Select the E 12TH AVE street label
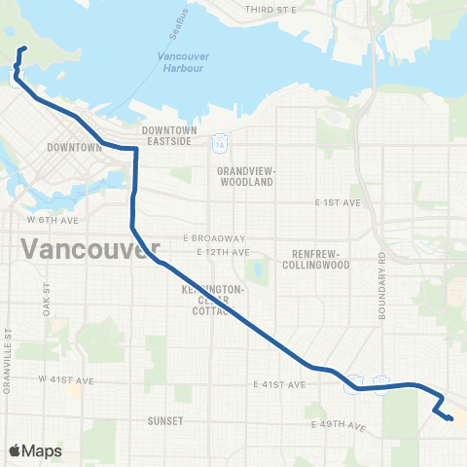point(219,252)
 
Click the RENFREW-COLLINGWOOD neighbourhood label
point(314,259)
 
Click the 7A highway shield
point(221,144)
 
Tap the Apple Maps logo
point(34,450)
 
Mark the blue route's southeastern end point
point(450,418)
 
